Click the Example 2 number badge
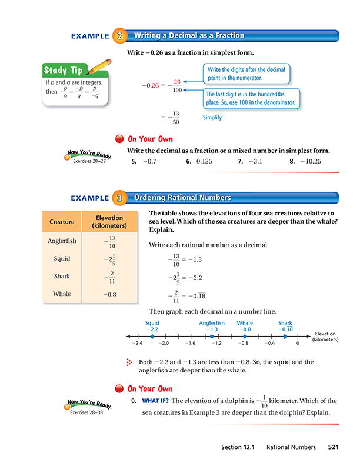tap(119, 36)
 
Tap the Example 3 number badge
tap(119, 198)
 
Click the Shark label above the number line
tap(285, 322)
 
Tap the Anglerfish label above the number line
tap(212, 322)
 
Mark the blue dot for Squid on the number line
tap(150, 336)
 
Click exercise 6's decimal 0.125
tap(204, 161)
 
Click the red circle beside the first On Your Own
tap(119, 139)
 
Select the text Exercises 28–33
tap(88, 412)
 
